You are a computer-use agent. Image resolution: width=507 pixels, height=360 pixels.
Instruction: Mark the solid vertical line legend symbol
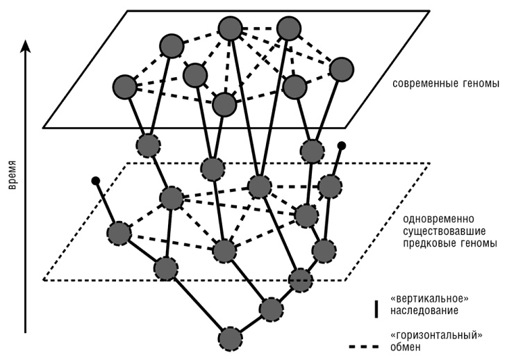(375, 306)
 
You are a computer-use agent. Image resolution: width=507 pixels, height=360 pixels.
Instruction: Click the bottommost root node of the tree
(230, 338)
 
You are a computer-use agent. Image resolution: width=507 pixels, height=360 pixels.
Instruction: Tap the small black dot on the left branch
(96, 181)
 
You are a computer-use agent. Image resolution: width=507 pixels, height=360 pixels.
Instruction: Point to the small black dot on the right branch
(341, 146)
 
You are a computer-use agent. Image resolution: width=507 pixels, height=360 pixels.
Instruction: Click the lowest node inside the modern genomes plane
(223, 104)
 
